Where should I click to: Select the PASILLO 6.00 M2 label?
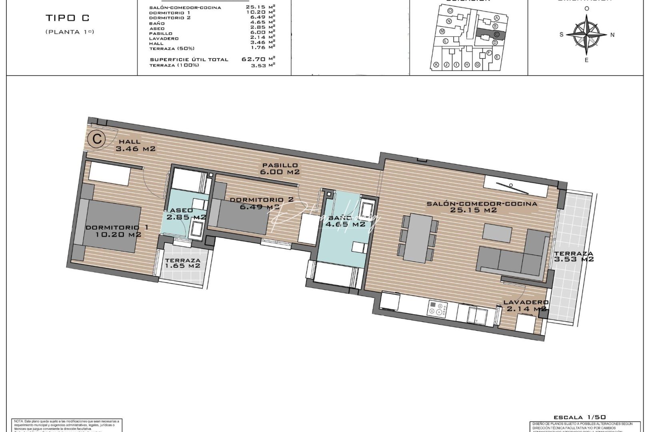(x=280, y=168)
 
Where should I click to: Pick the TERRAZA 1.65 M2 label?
(x=183, y=263)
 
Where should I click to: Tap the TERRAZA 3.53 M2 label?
(x=574, y=256)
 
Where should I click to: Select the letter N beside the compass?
(x=612, y=35)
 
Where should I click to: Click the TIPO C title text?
(x=68, y=18)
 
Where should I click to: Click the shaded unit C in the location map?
(x=490, y=35)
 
